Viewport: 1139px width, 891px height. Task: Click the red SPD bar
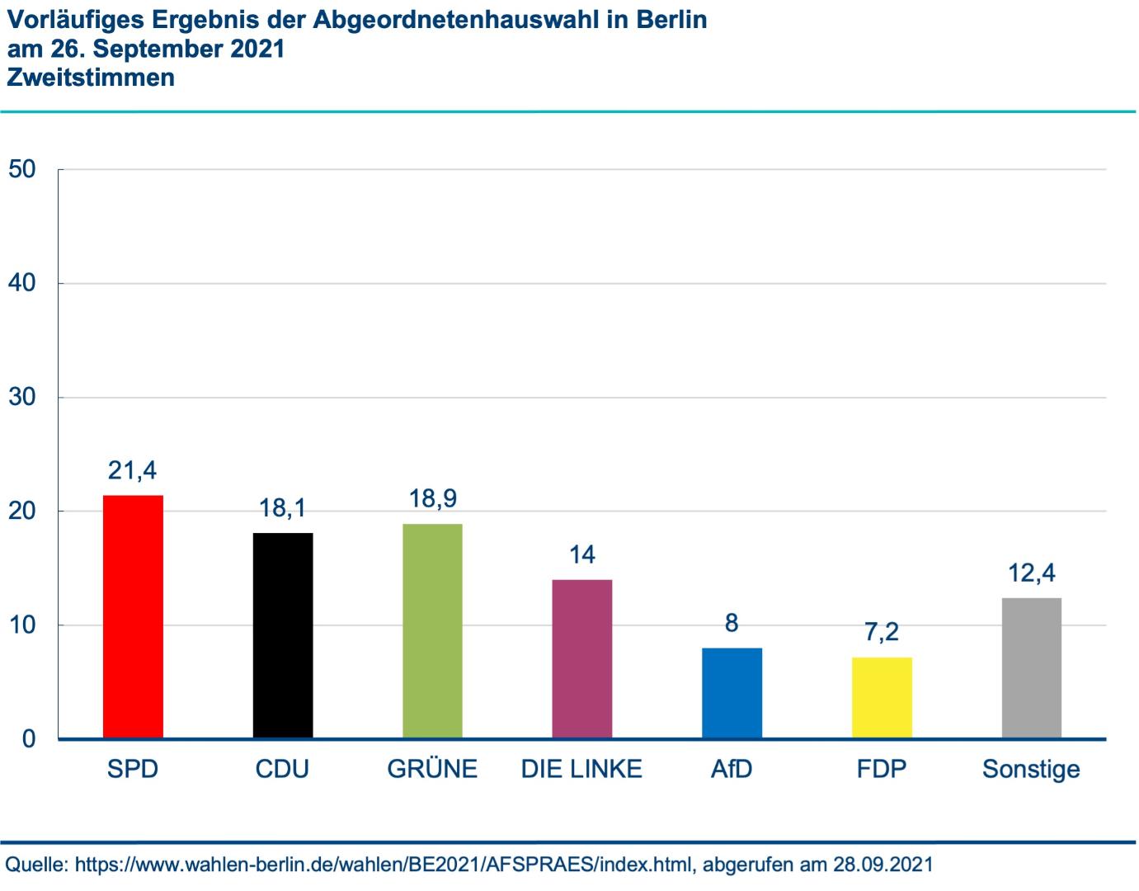(133, 616)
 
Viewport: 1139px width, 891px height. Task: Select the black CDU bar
(283, 635)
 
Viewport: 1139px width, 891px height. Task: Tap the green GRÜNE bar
(432, 630)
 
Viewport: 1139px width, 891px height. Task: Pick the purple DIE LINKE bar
(582, 658)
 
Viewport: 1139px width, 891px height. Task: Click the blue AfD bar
(732, 693)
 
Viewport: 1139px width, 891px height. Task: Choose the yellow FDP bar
(882, 697)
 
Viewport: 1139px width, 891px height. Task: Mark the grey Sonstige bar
(1031, 667)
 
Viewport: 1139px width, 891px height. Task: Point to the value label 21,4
(132, 470)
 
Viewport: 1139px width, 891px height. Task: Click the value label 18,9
(432, 498)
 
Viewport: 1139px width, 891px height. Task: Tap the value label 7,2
(882, 632)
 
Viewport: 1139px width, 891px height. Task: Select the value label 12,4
(1031, 573)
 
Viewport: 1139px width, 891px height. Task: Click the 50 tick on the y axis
(22, 169)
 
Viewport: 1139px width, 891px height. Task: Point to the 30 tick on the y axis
(22, 397)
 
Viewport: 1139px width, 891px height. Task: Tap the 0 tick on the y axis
(29, 738)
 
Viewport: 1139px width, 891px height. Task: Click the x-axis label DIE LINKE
(581, 769)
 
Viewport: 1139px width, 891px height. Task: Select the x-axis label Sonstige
(1031, 769)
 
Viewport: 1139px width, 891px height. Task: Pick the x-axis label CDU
(282, 769)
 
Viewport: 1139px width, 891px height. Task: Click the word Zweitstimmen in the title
(91, 78)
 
